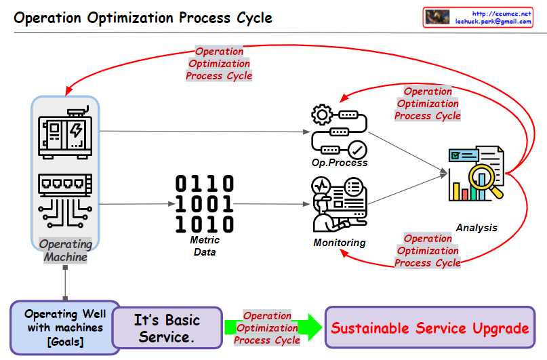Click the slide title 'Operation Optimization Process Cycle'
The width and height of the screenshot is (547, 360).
[143, 18]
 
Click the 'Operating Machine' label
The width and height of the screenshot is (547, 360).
[66, 250]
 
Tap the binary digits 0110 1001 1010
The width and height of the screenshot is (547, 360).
[205, 203]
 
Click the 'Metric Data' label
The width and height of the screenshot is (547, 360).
[205, 246]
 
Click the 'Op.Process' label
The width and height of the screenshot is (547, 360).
[340, 163]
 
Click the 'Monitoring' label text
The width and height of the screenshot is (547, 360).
[339, 243]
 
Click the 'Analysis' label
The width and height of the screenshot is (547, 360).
[476, 228]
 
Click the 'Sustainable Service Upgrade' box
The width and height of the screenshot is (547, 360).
[430, 328]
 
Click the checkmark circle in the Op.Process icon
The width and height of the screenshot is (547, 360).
[357, 149]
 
